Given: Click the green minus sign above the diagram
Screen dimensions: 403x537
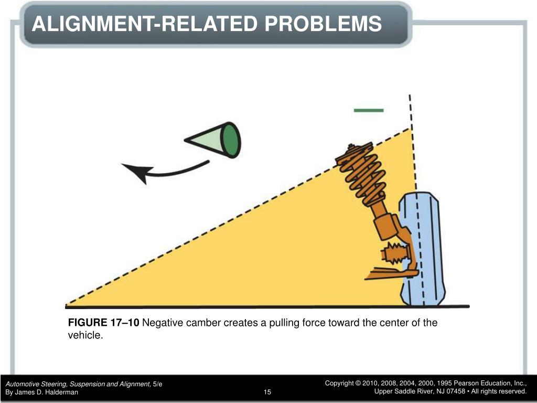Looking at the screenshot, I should coord(369,110).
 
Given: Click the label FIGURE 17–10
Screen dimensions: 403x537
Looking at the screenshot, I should coord(104,323).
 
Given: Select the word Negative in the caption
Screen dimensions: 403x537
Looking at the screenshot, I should coord(162,323).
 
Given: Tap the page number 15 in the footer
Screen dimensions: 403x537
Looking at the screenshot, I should coord(267,392).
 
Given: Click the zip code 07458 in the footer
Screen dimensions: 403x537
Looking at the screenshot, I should coord(457,392).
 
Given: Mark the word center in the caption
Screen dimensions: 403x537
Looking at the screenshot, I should coord(377,323).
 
